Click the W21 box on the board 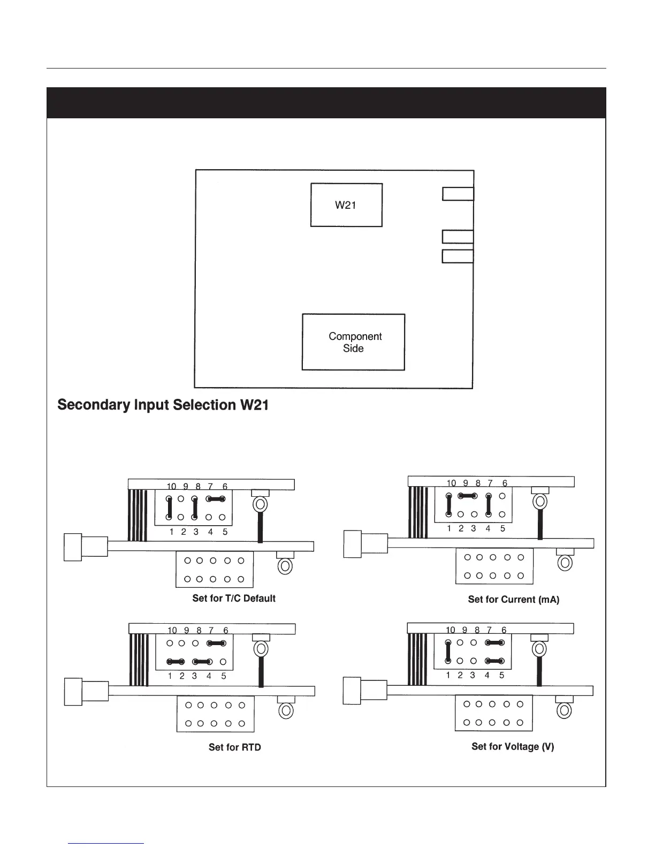tap(346, 205)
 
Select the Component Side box tap(353, 342)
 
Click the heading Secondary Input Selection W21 tap(163, 405)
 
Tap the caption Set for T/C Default tap(234, 599)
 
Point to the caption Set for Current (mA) tap(513, 600)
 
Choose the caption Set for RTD tap(234, 747)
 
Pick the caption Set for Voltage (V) tap(513, 746)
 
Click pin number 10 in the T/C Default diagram tap(171, 487)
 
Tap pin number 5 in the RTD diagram tap(224, 676)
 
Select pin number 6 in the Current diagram tap(504, 483)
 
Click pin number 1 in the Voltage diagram tap(448, 675)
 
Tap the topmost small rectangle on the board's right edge tap(458, 194)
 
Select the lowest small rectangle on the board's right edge tap(458, 256)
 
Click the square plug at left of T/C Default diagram tap(73, 547)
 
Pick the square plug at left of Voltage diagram tap(352, 691)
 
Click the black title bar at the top tap(326, 103)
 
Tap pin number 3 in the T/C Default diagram tap(196, 532)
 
